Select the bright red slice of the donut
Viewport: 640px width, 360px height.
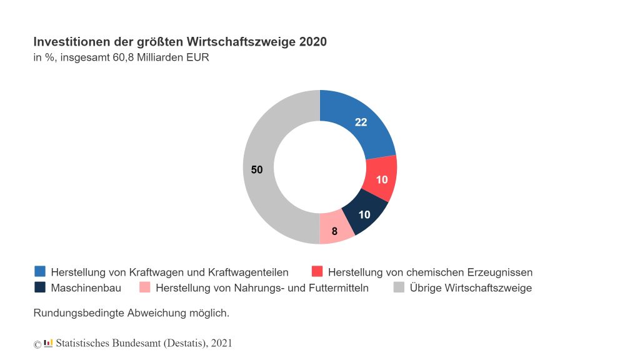tap(381, 179)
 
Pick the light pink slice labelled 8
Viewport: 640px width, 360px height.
tap(336, 230)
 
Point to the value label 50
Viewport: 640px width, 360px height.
tap(257, 169)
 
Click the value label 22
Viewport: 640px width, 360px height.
tap(361, 122)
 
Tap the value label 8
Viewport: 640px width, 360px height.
tap(334, 231)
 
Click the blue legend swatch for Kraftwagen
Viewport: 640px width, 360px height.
tap(40, 271)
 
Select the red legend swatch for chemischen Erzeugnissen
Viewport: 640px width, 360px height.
tap(317, 271)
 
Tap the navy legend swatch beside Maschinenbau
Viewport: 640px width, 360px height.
tap(40, 287)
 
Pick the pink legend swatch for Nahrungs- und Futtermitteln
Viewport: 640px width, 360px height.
tap(145, 287)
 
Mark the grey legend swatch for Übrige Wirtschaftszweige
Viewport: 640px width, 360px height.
tap(399, 287)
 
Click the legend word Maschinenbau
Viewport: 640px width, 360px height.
tap(86, 288)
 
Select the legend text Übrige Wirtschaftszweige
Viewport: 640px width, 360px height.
tap(471, 288)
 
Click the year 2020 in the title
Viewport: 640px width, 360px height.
tap(312, 42)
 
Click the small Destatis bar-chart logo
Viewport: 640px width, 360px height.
tap(48, 343)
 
